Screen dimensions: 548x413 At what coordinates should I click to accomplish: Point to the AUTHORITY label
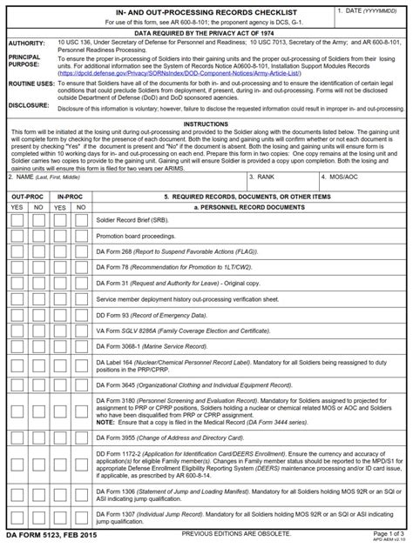click(26, 43)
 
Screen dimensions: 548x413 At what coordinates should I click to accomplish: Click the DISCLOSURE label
click(29, 104)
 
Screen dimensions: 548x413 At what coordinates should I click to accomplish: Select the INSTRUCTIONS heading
click(206, 124)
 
